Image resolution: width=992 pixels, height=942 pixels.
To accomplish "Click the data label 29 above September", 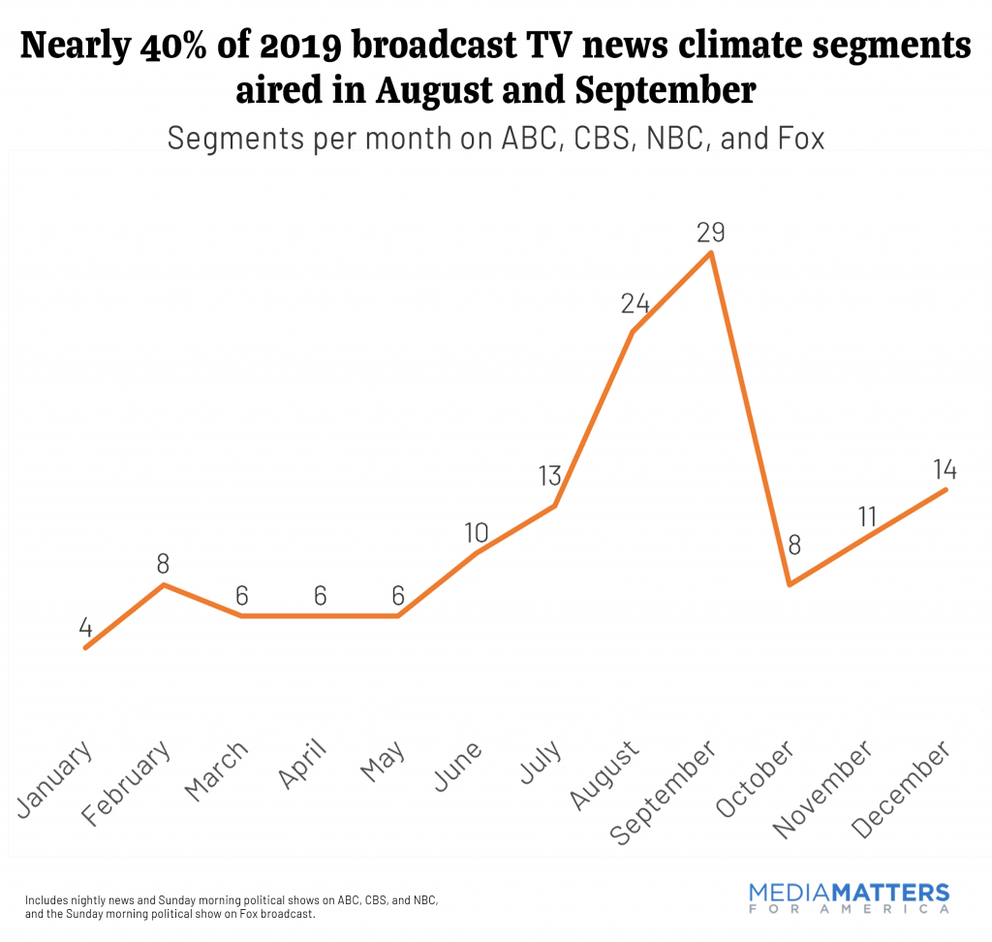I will (711, 233).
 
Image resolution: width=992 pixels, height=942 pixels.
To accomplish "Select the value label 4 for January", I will (85, 626).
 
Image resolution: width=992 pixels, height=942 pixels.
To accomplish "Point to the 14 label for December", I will (945, 470).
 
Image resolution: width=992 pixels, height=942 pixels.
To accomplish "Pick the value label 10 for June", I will (476, 532).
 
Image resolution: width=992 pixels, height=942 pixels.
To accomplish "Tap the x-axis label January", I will (55, 780).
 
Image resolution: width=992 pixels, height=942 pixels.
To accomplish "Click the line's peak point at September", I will (712, 254).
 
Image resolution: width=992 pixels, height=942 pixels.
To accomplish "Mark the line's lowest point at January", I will (85, 647).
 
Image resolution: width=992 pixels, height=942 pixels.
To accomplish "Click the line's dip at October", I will (790, 584).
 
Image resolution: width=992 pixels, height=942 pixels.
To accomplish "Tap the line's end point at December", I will (945, 489).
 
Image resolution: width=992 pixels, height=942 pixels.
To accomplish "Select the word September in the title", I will (665, 92).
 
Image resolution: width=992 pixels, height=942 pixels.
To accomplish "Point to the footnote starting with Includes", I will (232, 906).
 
